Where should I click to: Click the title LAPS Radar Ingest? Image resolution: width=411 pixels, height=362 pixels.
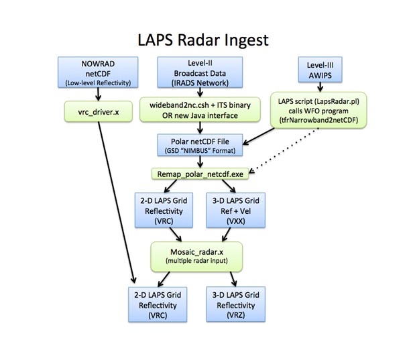(203, 40)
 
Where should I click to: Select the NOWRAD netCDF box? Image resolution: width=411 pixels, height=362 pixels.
(98, 72)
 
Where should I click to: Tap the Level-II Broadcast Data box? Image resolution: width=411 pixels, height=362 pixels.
(200, 72)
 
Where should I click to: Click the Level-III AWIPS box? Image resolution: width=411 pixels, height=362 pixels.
(320, 70)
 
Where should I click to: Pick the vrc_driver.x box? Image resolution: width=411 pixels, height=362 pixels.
(99, 112)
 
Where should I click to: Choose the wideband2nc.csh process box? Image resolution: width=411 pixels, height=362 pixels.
(200, 110)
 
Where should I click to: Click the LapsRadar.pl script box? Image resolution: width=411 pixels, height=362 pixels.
(318, 110)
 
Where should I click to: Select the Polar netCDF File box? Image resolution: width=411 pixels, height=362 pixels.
(200, 145)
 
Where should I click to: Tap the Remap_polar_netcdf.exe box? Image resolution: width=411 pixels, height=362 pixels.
(200, 174)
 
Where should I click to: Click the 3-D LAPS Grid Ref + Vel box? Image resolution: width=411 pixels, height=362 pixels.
(235, 210)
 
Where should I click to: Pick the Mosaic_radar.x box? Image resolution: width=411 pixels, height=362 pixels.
(196, 256)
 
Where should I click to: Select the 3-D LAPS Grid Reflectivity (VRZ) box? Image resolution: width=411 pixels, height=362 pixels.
(235, 304)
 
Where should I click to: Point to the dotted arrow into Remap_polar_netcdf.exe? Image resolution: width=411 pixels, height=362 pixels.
(284, 150)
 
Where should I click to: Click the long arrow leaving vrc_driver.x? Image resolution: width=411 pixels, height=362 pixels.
(117, 202)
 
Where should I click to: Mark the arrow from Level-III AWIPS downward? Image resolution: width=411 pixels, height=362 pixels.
(320, 87)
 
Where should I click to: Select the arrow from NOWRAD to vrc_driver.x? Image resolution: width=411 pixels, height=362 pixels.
(98, 94)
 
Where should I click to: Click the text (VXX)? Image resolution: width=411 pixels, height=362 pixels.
(235, 221)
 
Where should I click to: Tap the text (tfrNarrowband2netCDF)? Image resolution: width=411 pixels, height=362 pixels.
(318, 120)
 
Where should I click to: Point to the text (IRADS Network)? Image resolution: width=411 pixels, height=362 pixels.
(200, 83)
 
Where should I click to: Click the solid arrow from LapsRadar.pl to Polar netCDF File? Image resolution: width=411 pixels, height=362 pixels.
(258, 136)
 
